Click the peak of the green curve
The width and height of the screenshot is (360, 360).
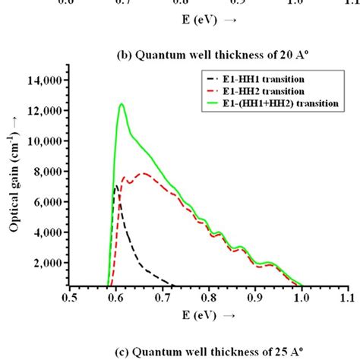122,105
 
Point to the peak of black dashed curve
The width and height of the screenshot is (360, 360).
115,185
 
